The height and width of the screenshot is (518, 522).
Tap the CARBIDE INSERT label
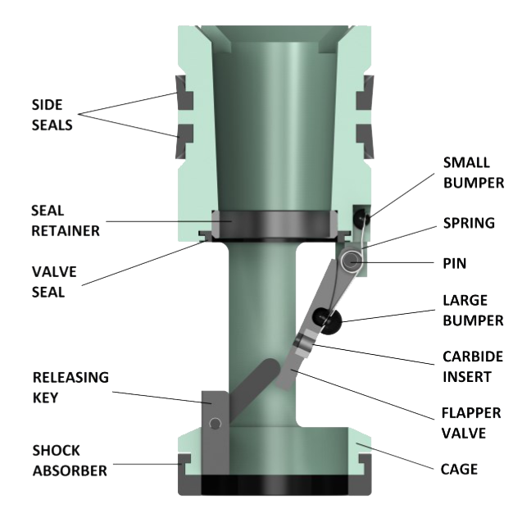472,366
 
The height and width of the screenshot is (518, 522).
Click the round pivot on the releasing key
215,423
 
